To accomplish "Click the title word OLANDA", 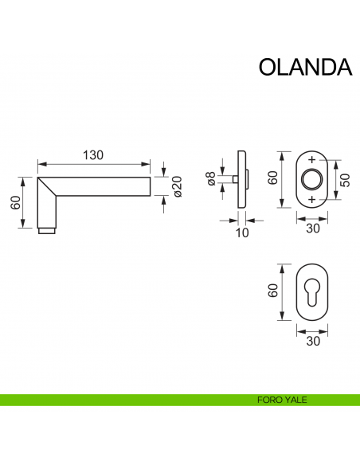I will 305,66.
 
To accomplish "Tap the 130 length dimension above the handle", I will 93,155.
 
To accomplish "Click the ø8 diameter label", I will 211,180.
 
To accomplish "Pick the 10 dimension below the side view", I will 242,232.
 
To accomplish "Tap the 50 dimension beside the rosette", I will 345,179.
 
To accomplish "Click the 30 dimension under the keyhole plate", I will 311,341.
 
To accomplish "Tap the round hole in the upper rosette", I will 311,178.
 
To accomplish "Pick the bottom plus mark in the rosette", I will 311,197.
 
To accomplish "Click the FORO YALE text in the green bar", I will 283,400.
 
